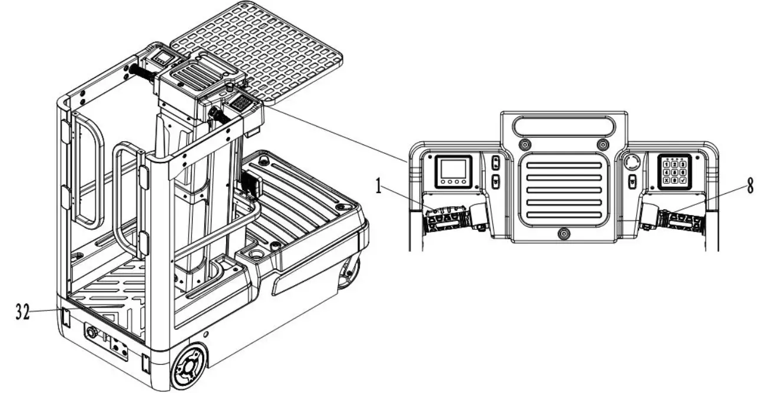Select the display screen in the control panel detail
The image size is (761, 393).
tap(453, 171)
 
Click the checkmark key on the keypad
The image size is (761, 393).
tap(683, 181)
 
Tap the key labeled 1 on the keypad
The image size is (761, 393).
tap(666, 164)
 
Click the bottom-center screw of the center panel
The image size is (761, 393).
tap(564, 234)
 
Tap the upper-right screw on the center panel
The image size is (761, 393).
tap(601, 145)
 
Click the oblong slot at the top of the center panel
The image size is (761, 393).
tap(563, 125)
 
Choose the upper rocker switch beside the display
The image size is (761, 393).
tap(496, 164)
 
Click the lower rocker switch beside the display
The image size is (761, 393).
tap(496, 181)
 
